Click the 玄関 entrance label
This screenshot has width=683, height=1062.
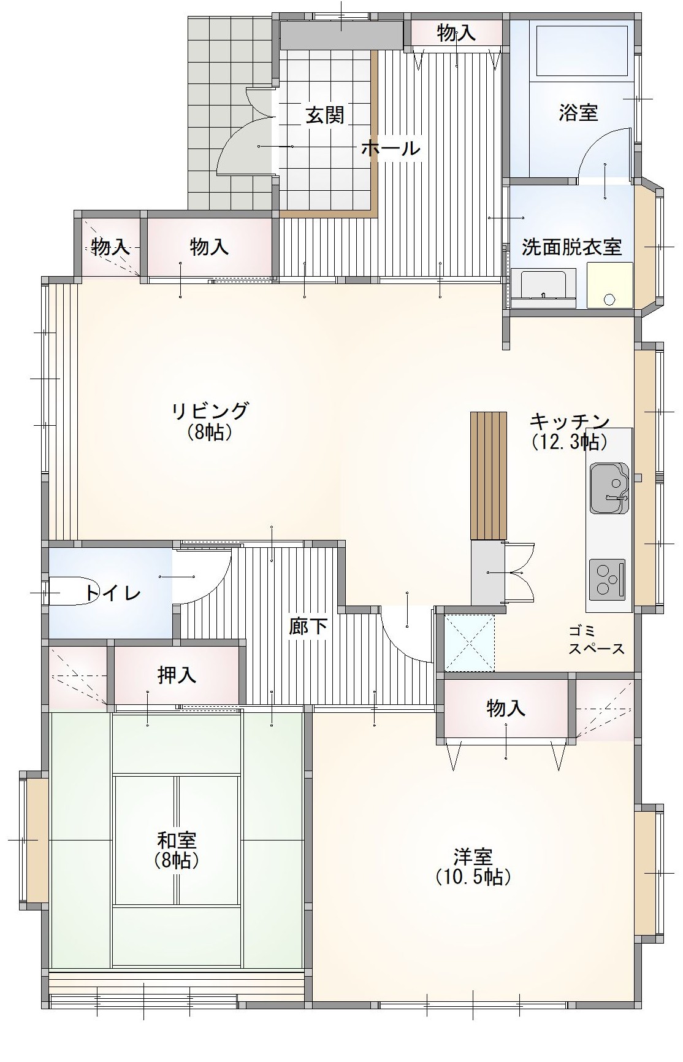(325, 115)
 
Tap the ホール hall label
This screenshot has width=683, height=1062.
(391, 148)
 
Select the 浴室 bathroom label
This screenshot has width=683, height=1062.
(578, 112)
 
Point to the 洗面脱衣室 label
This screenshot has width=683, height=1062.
(571, 247)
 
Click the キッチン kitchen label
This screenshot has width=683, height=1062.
(570, 421)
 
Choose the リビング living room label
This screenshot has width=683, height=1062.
(210, 410)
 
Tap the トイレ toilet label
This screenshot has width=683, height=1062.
(113, 593)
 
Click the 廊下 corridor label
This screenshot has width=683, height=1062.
(308, 626)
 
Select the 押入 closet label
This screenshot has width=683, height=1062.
(177, 675)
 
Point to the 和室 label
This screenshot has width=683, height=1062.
(177, 839)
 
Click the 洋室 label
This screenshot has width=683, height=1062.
(473, 856)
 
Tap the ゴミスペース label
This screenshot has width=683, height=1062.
(596, 640)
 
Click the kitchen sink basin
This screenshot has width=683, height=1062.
(609, 488)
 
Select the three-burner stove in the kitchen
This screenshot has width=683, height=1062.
(608, 580)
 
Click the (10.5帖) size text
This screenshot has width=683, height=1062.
(473, 877)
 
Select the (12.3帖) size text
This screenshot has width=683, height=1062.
(570, 441)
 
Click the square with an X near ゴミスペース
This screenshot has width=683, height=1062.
(469, 643)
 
